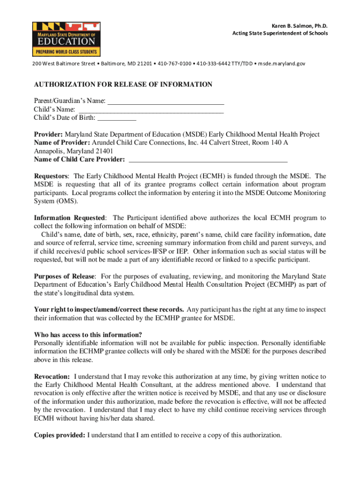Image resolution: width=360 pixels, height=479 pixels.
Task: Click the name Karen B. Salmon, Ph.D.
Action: [x=300, y=25]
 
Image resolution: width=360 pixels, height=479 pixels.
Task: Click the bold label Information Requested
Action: [x=70, y=218]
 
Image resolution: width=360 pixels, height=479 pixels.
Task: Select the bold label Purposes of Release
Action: [x=65, y=276]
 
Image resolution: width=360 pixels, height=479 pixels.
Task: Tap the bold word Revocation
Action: [x=52, y=377]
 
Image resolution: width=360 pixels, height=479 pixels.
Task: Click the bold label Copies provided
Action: [x=59, y=435]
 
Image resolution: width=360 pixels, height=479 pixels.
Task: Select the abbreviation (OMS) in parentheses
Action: [x=68, y=202]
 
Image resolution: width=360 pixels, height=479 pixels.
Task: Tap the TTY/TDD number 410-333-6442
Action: [x=213, y=63]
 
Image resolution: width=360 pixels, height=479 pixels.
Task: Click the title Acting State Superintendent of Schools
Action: [x=280, y=33]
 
